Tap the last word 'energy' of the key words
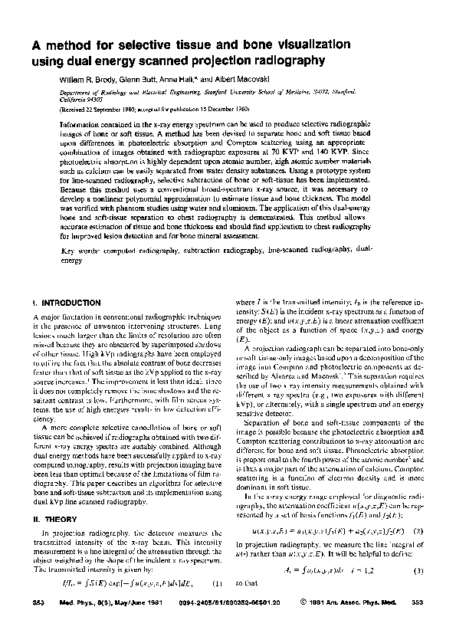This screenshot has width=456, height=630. tap(71, 261)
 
